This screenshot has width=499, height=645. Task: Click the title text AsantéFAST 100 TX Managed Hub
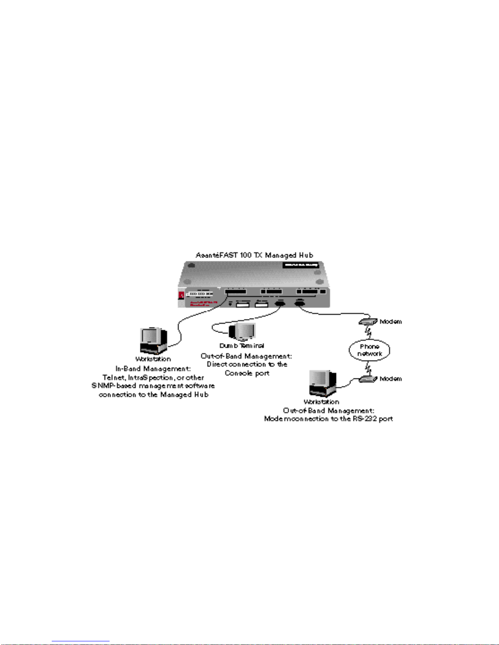tap(254, 255)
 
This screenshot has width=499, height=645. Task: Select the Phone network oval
tap(369, 350)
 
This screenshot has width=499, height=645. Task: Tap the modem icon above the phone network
tap(368, 321)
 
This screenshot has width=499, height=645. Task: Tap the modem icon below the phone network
tap(368, 379)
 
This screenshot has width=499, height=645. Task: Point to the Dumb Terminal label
tap(242, 346)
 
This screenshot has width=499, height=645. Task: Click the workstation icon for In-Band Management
tap(153, 341)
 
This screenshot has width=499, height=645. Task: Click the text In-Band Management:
tap(153, 369)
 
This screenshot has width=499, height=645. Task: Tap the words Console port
tap(247, 373)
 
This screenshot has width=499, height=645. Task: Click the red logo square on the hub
tap(181, 295)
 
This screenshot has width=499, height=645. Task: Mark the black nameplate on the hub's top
tap(301, 265)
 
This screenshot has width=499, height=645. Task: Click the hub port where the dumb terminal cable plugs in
tap(280, 303)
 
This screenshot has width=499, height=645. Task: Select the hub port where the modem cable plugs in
tap(300, 302)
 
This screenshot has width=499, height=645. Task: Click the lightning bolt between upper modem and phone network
tap(369, 333)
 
